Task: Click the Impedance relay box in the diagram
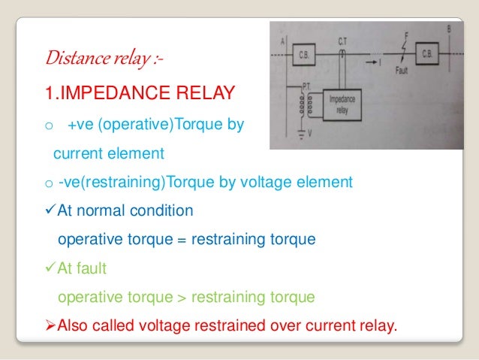[x=347, y=106]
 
